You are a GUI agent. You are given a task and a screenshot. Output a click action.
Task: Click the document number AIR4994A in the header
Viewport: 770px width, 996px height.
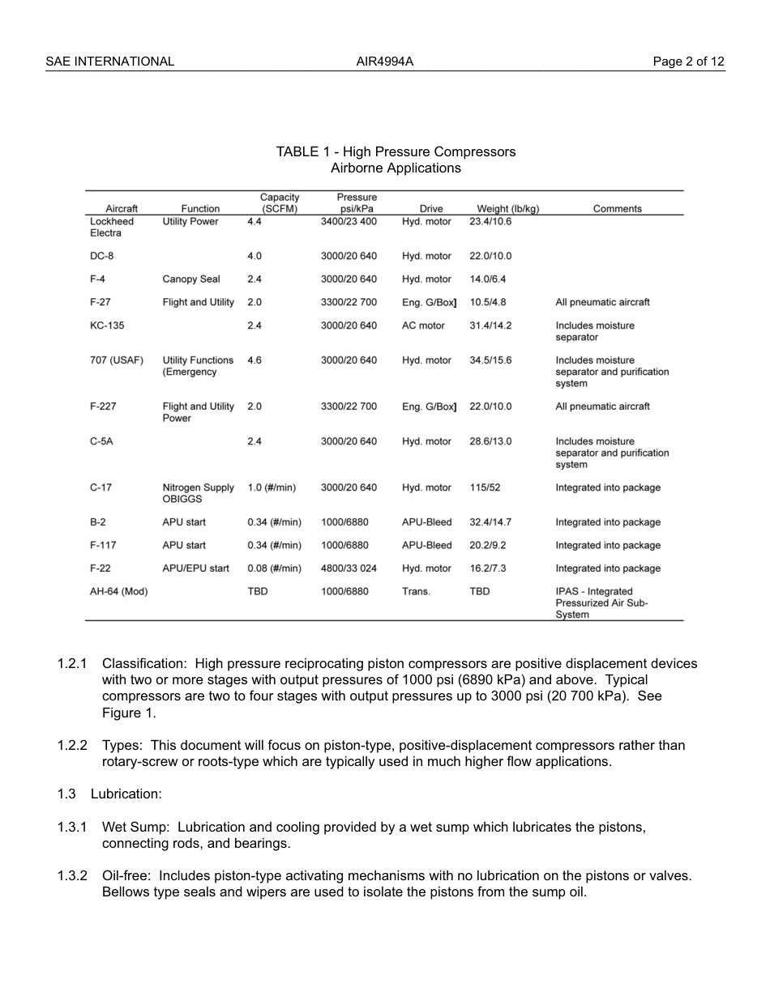385,62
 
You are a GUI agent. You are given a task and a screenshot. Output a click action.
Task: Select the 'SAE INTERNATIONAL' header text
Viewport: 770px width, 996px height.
109,62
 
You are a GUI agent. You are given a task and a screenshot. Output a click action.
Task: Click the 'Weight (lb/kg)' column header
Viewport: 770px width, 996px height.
507,209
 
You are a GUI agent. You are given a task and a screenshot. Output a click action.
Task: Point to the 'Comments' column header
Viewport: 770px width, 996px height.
617,209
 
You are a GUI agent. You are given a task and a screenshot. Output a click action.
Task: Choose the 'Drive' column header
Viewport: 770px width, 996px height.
431,209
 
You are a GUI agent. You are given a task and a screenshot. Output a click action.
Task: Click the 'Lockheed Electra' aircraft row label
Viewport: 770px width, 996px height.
112,228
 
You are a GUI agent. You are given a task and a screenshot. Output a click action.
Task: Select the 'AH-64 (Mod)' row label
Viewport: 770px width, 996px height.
118,592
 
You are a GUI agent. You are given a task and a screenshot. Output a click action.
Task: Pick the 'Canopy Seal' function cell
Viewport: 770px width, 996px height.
190,279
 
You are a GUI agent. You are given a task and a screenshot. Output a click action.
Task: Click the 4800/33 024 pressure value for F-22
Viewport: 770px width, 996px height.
349,568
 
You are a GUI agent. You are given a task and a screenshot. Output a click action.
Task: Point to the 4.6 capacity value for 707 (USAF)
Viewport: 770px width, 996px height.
255,360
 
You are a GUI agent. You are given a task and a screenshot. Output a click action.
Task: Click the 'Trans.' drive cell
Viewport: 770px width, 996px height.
416,592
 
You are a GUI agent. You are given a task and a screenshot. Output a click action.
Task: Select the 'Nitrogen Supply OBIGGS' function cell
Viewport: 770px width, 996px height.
198,494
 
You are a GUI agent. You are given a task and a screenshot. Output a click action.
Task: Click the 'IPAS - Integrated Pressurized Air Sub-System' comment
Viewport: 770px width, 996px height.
601,603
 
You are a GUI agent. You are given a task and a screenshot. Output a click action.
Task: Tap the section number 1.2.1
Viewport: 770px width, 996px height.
72,664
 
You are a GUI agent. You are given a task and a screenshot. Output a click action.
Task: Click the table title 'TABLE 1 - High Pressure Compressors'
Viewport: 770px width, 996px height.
396,152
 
